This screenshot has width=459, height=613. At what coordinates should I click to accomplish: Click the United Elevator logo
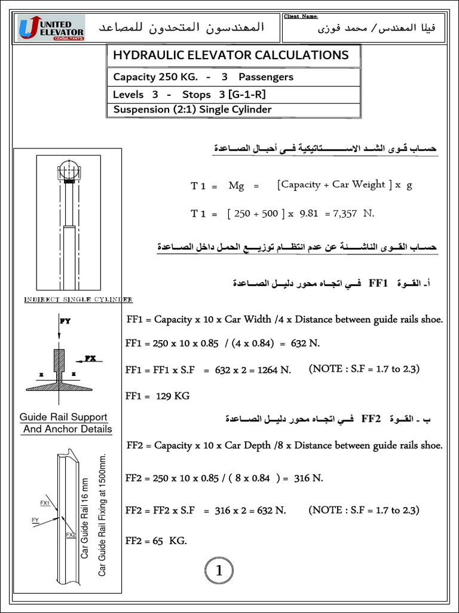(x=51, y=28)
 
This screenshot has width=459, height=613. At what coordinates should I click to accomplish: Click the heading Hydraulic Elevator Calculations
(x=227, y=55)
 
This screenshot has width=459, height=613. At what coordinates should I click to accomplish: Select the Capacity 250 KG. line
(x=203, y=77)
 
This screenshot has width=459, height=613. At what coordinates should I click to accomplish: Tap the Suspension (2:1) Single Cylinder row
(x=192, y=110)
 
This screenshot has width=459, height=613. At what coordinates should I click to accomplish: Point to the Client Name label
(x=301, y=16)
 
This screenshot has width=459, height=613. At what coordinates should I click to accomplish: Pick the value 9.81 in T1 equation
(x=308, y=213)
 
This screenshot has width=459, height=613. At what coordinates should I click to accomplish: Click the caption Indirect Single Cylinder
(x=78, y=299)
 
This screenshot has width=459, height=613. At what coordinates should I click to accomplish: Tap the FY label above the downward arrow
(x=65, y=321)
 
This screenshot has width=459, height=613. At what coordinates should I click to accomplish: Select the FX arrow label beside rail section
(x=90, y=359)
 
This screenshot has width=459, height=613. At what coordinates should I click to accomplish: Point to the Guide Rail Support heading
(x=63, y=417)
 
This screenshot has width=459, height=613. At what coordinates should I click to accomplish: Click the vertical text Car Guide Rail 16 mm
(x=85, y=518)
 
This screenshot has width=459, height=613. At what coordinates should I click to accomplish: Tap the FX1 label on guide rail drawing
(x=45, y=503)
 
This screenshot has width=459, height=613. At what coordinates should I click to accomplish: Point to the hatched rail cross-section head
(x=59, y=361)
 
